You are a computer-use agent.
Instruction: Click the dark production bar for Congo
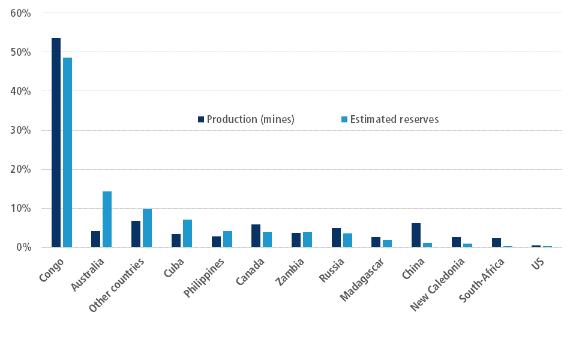tap(56, 143)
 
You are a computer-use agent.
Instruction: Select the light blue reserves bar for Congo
tap(67, 152)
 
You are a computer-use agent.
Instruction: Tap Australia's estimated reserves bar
tap(107, 220)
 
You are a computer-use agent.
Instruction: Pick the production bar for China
tap(416, 235)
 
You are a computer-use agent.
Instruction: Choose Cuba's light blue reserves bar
tap(187, 233)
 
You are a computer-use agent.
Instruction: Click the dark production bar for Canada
tap(256, 236)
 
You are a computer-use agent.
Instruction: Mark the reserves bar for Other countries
tap(148, 228)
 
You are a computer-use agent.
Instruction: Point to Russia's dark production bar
tap(336, 238)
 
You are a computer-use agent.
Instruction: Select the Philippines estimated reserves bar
tap(228, 239)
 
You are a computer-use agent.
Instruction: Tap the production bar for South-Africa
tap(496, 243)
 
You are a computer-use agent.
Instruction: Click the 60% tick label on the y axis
tap(20, 13)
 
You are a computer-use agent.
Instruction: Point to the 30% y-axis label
tap(20, 130)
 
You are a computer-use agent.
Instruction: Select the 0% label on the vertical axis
tap(23, 247)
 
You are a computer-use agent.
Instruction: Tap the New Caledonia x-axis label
tap(437, 284)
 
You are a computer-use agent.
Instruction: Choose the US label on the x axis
tap(538, 263)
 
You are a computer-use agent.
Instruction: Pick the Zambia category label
tap(290, 271)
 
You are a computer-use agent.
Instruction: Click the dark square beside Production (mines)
tap(201, 119)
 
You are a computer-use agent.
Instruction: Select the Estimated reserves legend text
tap(395, 119)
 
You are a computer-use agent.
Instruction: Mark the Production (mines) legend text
tap(251, 119)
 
